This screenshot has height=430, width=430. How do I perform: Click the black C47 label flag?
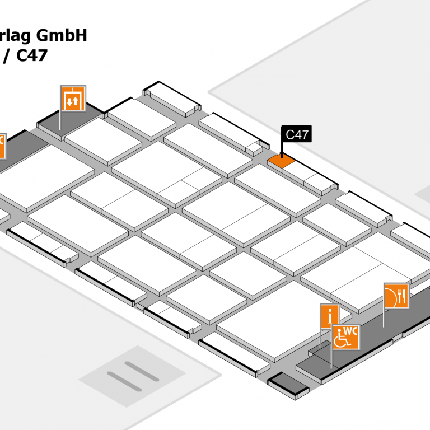296,134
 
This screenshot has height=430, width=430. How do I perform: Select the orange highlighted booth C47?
281,161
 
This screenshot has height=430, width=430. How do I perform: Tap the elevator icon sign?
73,99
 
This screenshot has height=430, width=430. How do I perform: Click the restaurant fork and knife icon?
396,296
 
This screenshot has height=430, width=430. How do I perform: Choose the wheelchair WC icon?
345,337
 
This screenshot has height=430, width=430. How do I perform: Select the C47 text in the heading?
31,55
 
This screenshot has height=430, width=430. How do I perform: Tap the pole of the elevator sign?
60,120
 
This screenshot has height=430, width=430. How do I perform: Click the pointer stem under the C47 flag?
282,149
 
